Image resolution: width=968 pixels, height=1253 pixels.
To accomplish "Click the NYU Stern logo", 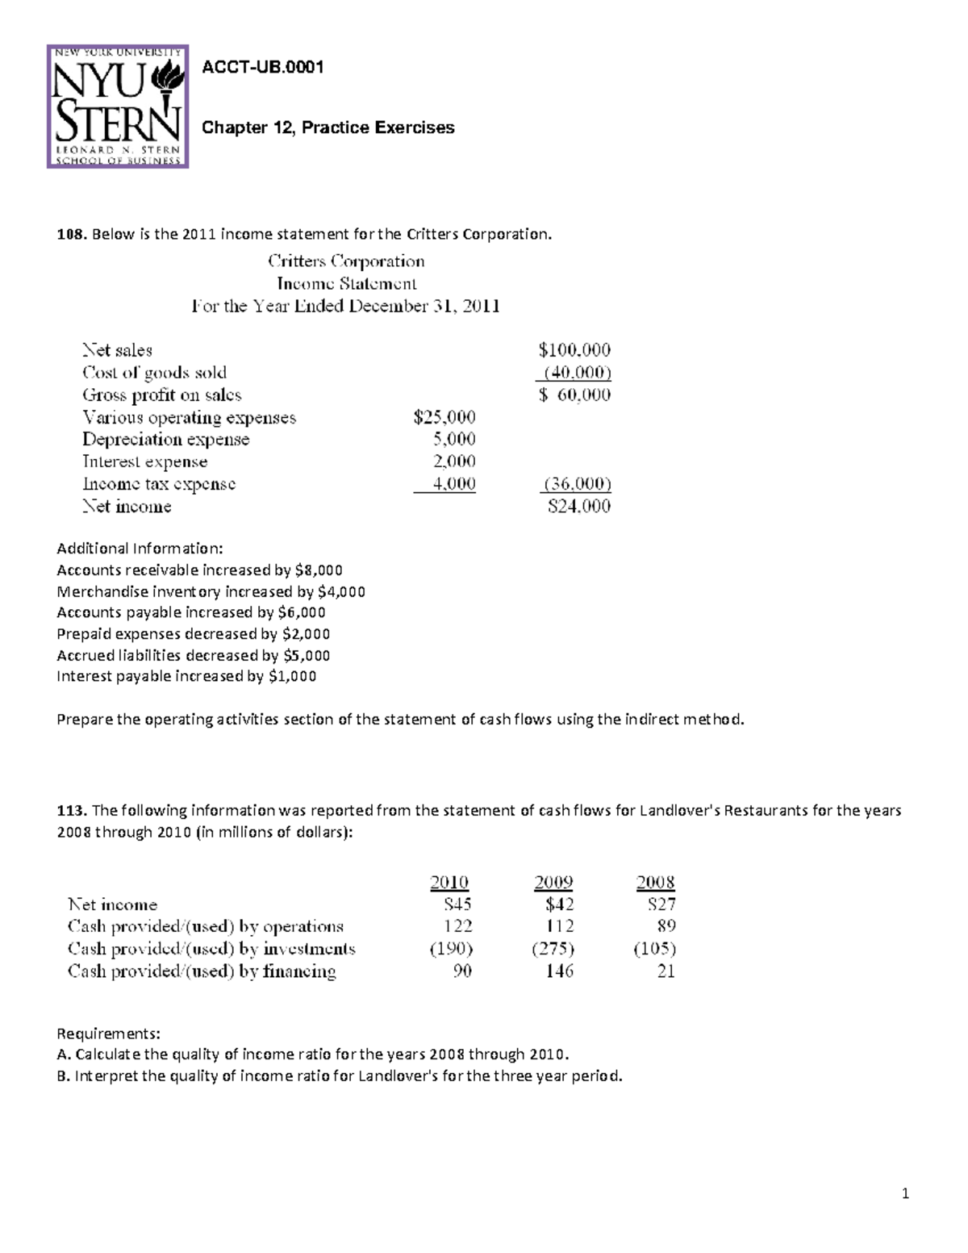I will (x=118, y=106).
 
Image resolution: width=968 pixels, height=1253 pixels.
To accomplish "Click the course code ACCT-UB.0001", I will (x=262, y=68).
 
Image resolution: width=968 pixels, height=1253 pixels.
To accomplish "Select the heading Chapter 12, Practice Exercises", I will (x=328, y=127).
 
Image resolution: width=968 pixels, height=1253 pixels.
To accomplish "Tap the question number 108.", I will (x=70, y=234).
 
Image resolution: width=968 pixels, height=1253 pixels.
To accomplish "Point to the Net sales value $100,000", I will (x=574, y=350).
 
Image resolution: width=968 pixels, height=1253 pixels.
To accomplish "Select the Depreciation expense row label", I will (x=165, y=440).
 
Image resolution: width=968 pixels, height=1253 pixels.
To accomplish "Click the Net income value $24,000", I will (x=578, y=507).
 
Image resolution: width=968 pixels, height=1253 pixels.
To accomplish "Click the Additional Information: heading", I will (x=140, y=549).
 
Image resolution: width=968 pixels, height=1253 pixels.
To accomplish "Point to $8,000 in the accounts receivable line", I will (x=319, y=570).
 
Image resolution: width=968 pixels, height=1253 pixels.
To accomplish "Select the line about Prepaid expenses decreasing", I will (x=193, y=634).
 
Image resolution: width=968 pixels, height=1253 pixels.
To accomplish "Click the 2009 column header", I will (x=553, y=882).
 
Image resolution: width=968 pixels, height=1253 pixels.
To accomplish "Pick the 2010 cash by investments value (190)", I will (x=451, y=949).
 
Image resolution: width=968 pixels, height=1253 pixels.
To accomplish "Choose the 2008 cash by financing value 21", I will (x=665, y=971).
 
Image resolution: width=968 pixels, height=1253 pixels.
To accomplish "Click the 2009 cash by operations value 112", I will (x=559, y=926).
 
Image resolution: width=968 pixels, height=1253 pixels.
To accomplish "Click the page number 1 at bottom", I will (x=905, y=1194).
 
